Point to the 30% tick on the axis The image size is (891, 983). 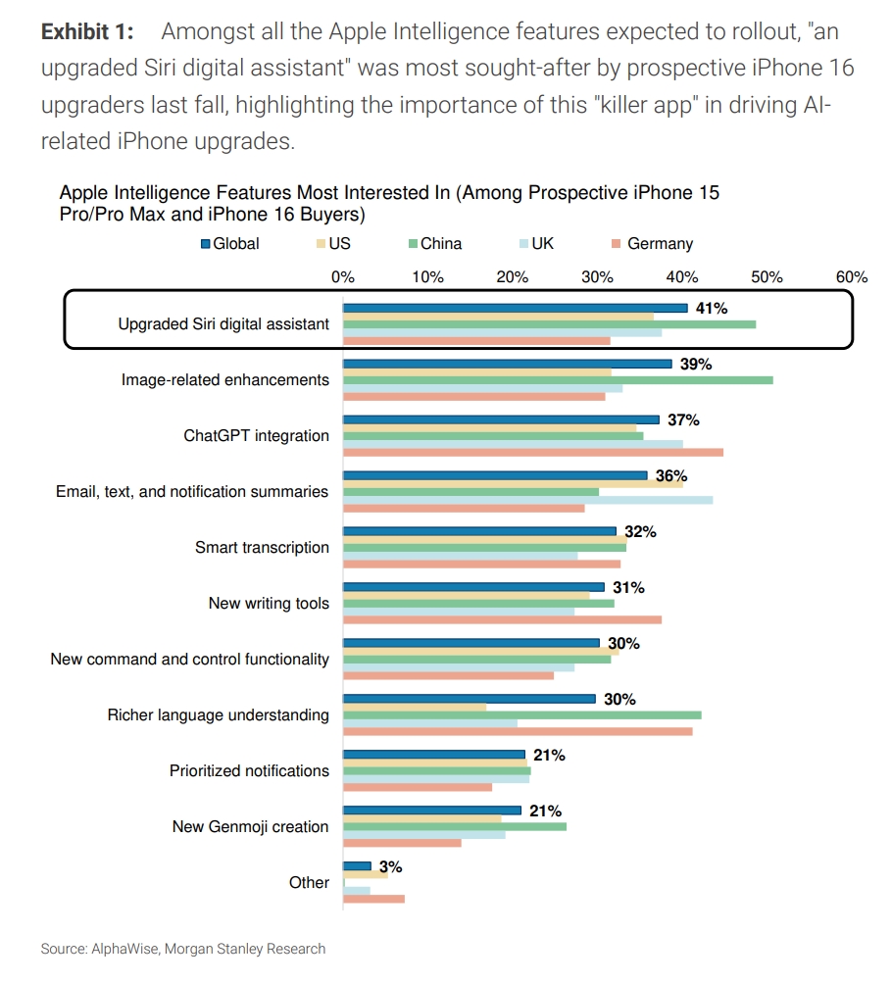598,276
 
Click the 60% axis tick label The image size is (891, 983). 851,276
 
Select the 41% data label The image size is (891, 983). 711,308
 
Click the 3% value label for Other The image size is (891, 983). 391,867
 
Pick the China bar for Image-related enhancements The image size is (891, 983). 557,378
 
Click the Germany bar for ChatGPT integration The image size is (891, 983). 532,452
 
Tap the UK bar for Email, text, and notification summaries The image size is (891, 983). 527,500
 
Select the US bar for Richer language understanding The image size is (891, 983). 414,708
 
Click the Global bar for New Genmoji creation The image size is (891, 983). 431,811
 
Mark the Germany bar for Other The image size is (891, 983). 373,899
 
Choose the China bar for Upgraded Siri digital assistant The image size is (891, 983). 549,323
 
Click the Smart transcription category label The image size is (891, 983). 262,547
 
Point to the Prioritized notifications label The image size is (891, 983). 249,770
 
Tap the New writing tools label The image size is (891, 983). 269,603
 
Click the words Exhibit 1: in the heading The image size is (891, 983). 87,31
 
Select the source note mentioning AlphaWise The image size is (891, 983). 182,949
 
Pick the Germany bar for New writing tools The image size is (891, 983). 502,619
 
